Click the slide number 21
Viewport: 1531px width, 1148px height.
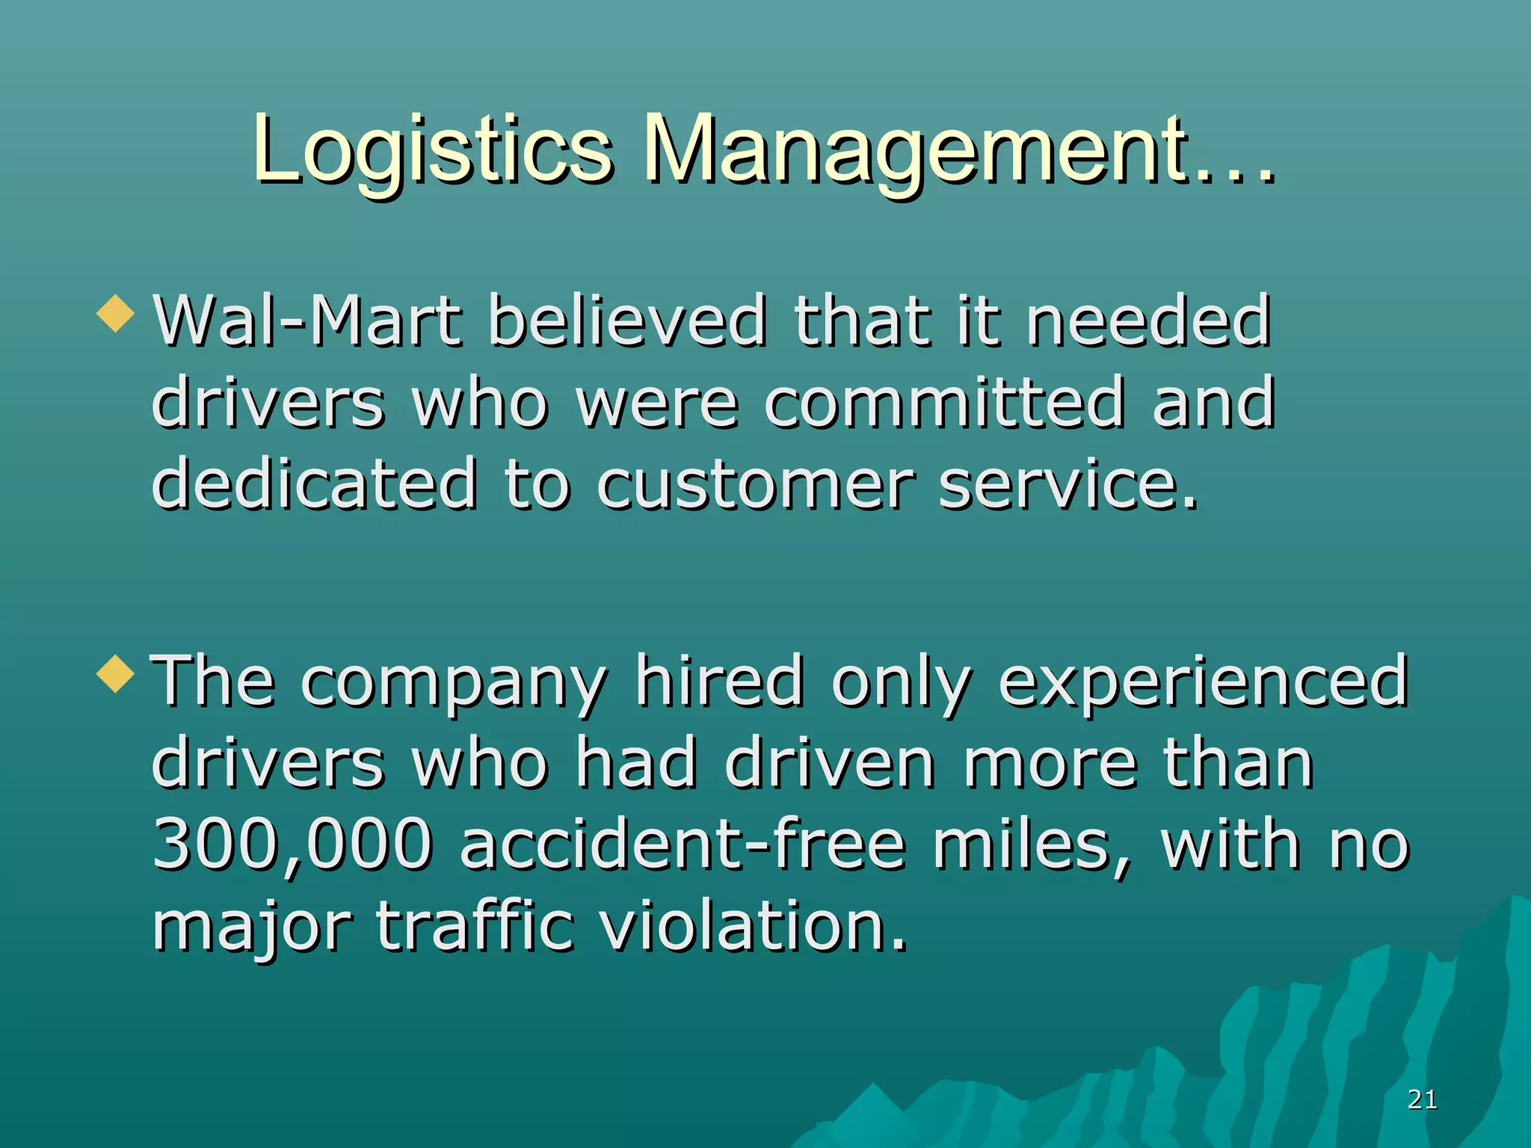click(x=1422, y=1099)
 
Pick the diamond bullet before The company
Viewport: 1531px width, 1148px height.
click(x=116, y=673)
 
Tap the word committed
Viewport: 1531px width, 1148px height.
click(x=944, y=404)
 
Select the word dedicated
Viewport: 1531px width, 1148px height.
click(x=314, y=484)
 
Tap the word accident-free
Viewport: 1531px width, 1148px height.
click(x=683, y=845)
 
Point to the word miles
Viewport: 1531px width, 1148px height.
click(x=1032, y=845)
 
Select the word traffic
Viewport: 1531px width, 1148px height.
click(x=475, y=927)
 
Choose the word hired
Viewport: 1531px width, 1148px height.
click(x=719, y=682)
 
